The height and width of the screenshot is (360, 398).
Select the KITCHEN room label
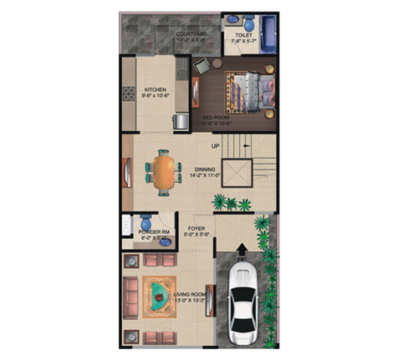(x=156, y=90)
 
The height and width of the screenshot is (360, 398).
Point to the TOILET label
(x=243, y=35)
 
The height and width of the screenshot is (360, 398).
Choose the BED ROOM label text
(x=217, y=118)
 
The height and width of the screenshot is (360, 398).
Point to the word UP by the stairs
(x=215, y=147)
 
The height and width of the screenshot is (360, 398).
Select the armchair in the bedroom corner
(x=203, y=66)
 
